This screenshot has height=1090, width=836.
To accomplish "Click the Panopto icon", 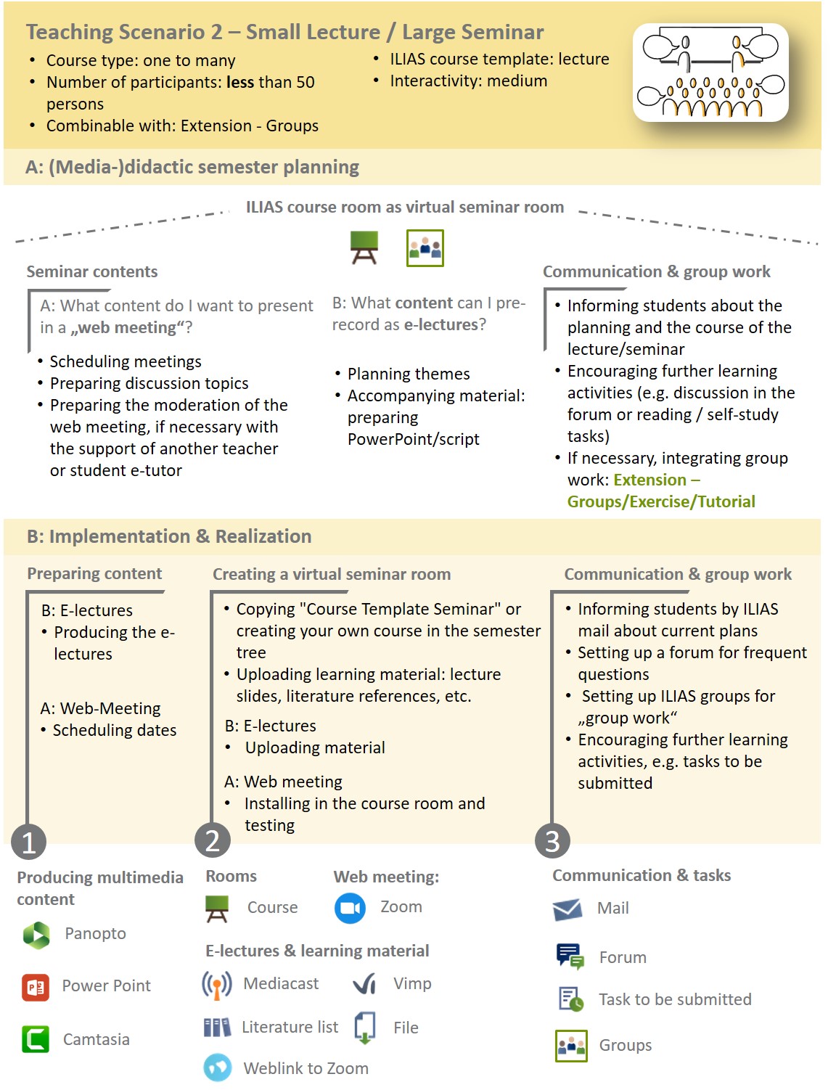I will pos(36,935).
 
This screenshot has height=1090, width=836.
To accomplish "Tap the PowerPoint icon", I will pos(36,987).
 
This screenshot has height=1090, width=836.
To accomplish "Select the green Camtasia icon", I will pos(36,1039).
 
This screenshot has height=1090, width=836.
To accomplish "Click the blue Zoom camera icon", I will pos(350,908).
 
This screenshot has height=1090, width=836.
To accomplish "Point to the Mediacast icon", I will pos(217,984).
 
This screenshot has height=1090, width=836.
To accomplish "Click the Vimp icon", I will pos(364,984).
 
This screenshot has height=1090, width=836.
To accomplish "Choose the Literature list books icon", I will pos(217,1027).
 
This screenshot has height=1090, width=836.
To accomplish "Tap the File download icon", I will pos(364,1028).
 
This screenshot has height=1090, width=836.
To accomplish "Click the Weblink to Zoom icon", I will pos(217,1068).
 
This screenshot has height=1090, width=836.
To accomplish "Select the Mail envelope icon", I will pos(567,909).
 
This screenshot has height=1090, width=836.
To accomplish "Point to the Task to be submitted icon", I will pos(571,999).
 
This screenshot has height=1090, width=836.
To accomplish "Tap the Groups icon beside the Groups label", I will pos(571,1046).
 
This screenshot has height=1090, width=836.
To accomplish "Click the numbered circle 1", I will pos(29,842).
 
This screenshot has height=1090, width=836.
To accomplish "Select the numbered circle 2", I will pos(213,840).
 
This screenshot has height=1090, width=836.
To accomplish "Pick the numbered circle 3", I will pos(552,841).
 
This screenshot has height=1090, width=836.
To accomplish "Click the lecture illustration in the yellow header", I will pos(710,73).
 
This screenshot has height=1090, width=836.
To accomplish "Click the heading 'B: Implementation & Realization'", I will pos(169,536).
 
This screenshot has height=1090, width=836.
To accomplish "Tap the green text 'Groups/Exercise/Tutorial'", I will pos(661,501).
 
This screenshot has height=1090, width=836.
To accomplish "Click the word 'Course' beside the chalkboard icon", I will pos(272,907).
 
